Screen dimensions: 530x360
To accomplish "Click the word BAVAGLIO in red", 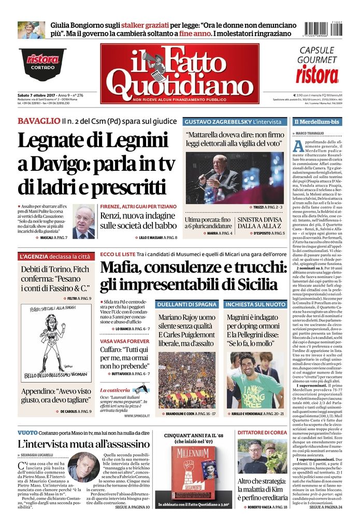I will (x=38, y=121).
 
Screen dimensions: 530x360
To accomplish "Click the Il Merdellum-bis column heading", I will (x=317, y=122).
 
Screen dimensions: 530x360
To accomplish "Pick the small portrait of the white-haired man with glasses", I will (x=83, y=222).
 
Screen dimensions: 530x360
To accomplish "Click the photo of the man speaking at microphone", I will (x=235, y=177).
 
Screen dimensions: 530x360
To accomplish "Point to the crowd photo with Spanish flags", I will (x=186, y=379).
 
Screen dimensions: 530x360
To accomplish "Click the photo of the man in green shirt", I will (x=255, y=379).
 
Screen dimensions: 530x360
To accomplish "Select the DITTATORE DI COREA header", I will (x=262, y=433).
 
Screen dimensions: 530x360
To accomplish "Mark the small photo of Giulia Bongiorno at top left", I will (x=31, y=30).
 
